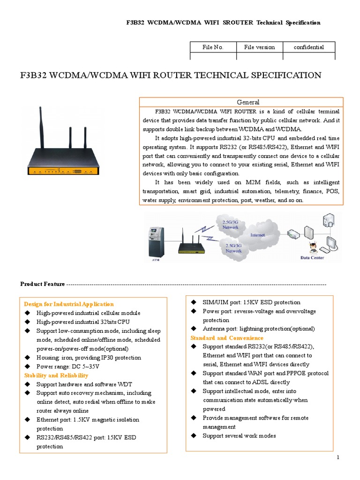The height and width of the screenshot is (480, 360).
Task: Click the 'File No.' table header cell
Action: tap(213, 47)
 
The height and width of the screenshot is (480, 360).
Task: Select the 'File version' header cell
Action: tap(260, 47)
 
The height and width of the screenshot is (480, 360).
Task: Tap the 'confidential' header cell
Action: tap(309, 47)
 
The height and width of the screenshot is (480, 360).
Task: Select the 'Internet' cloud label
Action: tap(257, 235)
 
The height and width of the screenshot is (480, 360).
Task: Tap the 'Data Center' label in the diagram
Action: tap(312, 257)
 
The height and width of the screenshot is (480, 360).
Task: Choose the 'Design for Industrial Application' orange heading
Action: tap(69, 304)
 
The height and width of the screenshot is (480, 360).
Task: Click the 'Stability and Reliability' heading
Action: tap(56, 375)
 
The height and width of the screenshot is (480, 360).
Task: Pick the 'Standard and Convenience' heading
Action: tap(227, 338)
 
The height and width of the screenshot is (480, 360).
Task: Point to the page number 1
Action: tap(337, 457)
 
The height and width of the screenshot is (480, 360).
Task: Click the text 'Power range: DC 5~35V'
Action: tap(68, 367)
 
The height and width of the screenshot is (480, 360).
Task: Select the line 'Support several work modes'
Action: tap(239, 436)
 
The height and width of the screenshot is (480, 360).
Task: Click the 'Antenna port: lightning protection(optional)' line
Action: tap(258, 329)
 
